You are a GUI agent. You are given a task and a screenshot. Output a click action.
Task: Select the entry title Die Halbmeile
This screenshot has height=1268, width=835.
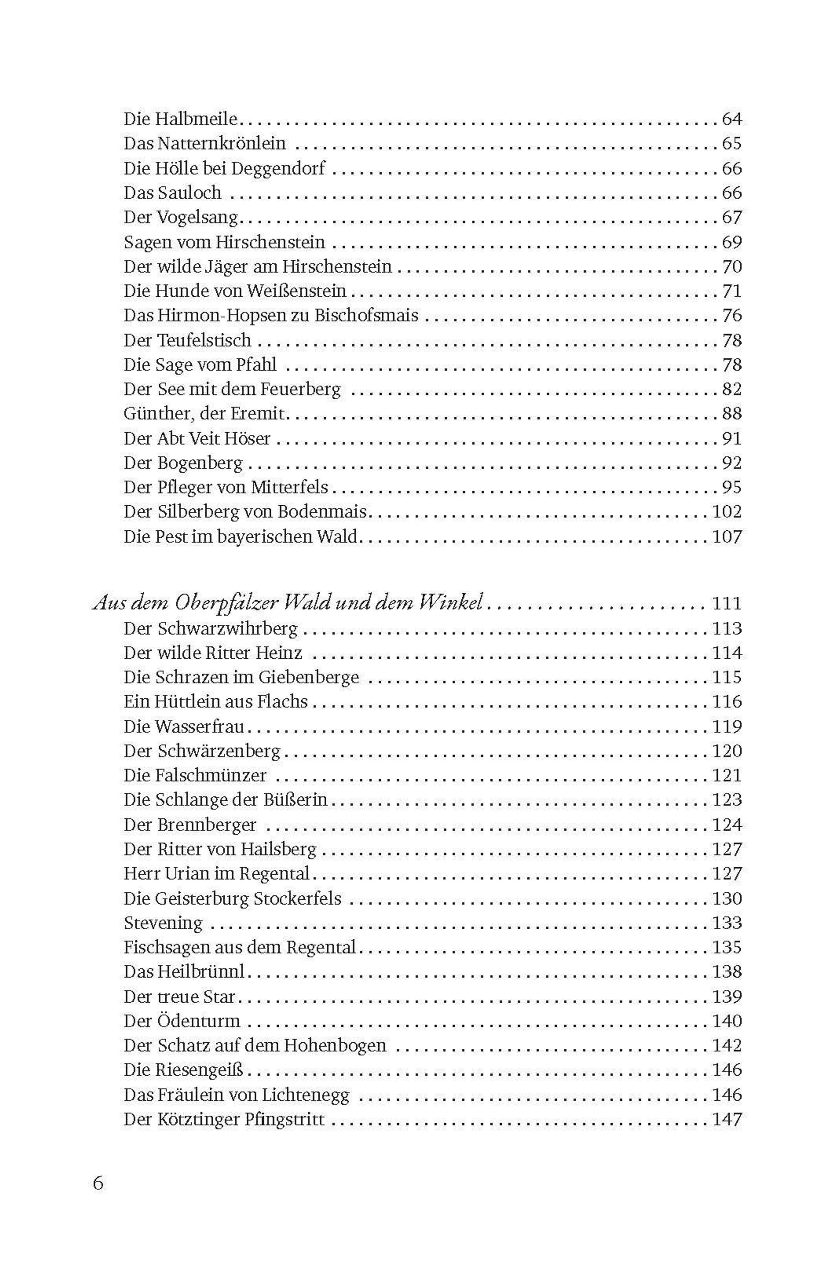(x=180, y=119)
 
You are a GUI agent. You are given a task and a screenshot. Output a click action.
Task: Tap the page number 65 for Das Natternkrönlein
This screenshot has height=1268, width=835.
(x=732, y=143)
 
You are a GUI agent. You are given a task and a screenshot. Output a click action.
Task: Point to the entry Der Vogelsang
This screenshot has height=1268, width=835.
(x=180, y=217)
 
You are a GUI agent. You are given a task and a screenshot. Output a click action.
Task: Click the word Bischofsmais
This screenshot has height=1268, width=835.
(x=366, y=315)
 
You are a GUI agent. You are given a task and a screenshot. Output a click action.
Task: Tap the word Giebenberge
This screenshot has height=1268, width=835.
(x=309, y=677)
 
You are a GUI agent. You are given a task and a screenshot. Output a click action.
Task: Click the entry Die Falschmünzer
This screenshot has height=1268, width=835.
(x=195, y=775)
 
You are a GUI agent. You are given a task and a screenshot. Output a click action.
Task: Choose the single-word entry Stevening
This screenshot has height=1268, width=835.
(x=163, y=923)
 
